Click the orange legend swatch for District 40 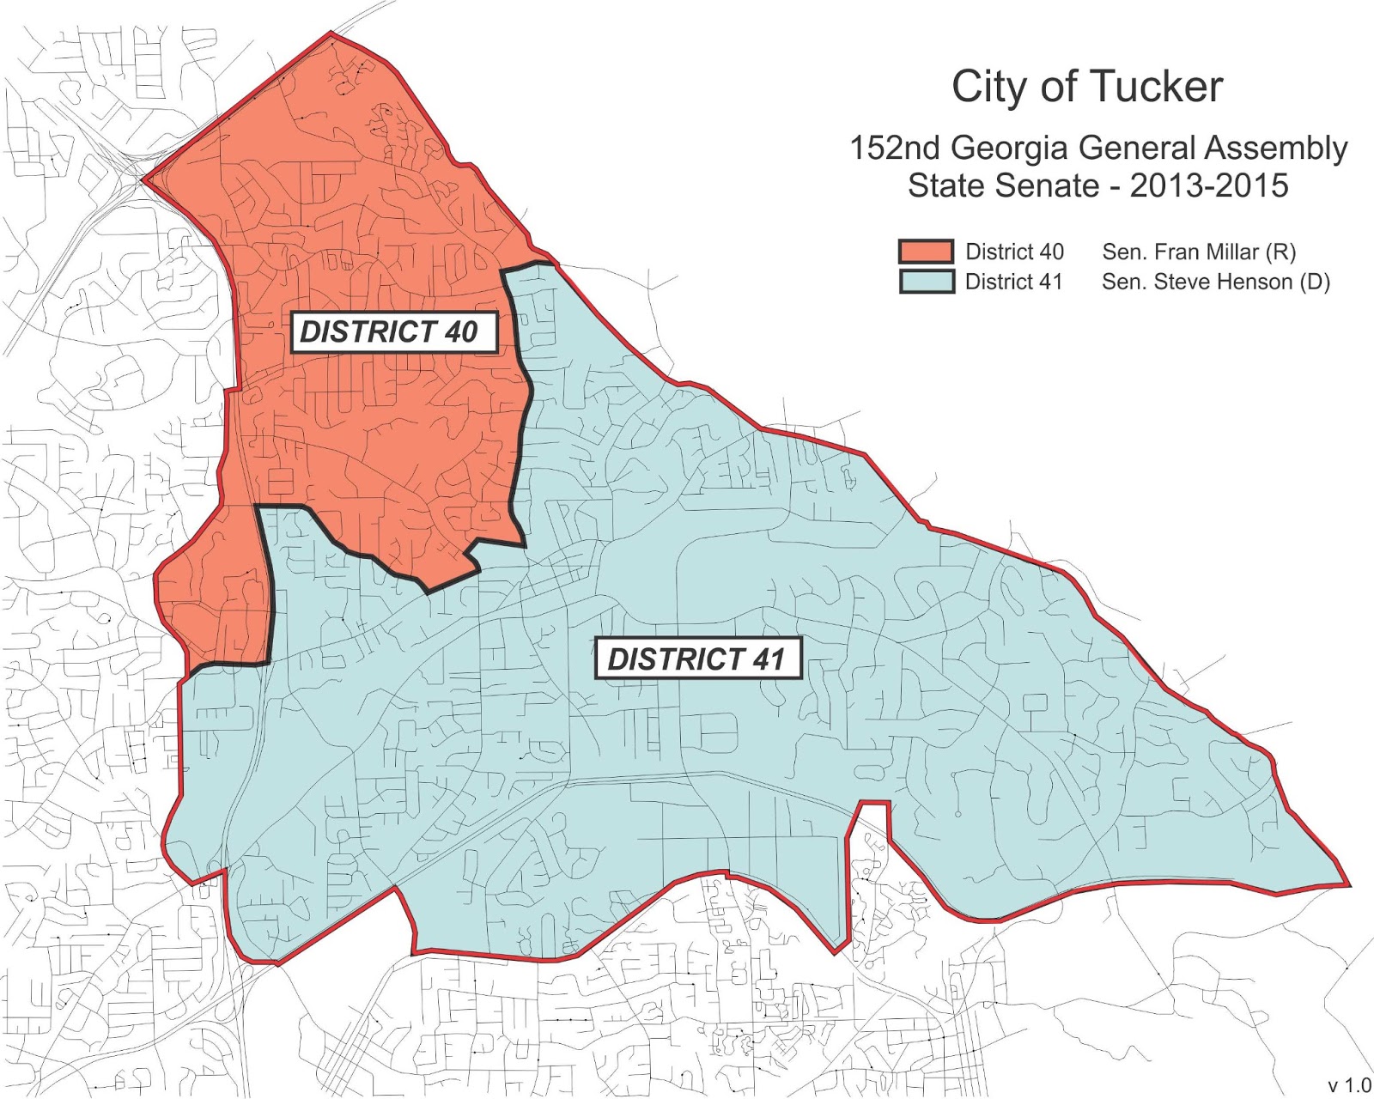pyautogui.click(x=926, y=252)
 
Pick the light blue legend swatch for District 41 pyautogui.click(x=926, y=282)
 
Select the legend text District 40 pyautogui.click(x=1014, y=252)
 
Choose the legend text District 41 pyautogui.click(x=1013, y=282)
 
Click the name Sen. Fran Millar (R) pyautogui.click(x=1199, y=252)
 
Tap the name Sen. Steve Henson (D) pyautogui.click(x=1215, y=282)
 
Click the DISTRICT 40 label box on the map pyautogui.click(x=394, y=332)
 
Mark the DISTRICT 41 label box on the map pyautogui.click(x=697, y=659)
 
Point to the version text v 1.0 pyautogui.click(x=1349, y=1085)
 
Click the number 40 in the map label pyautogui.click(x=461, y=332)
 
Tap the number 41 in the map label pyautogui.click(x=769, y=659)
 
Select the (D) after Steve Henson pyautogui.click(x=1314, y=282)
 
